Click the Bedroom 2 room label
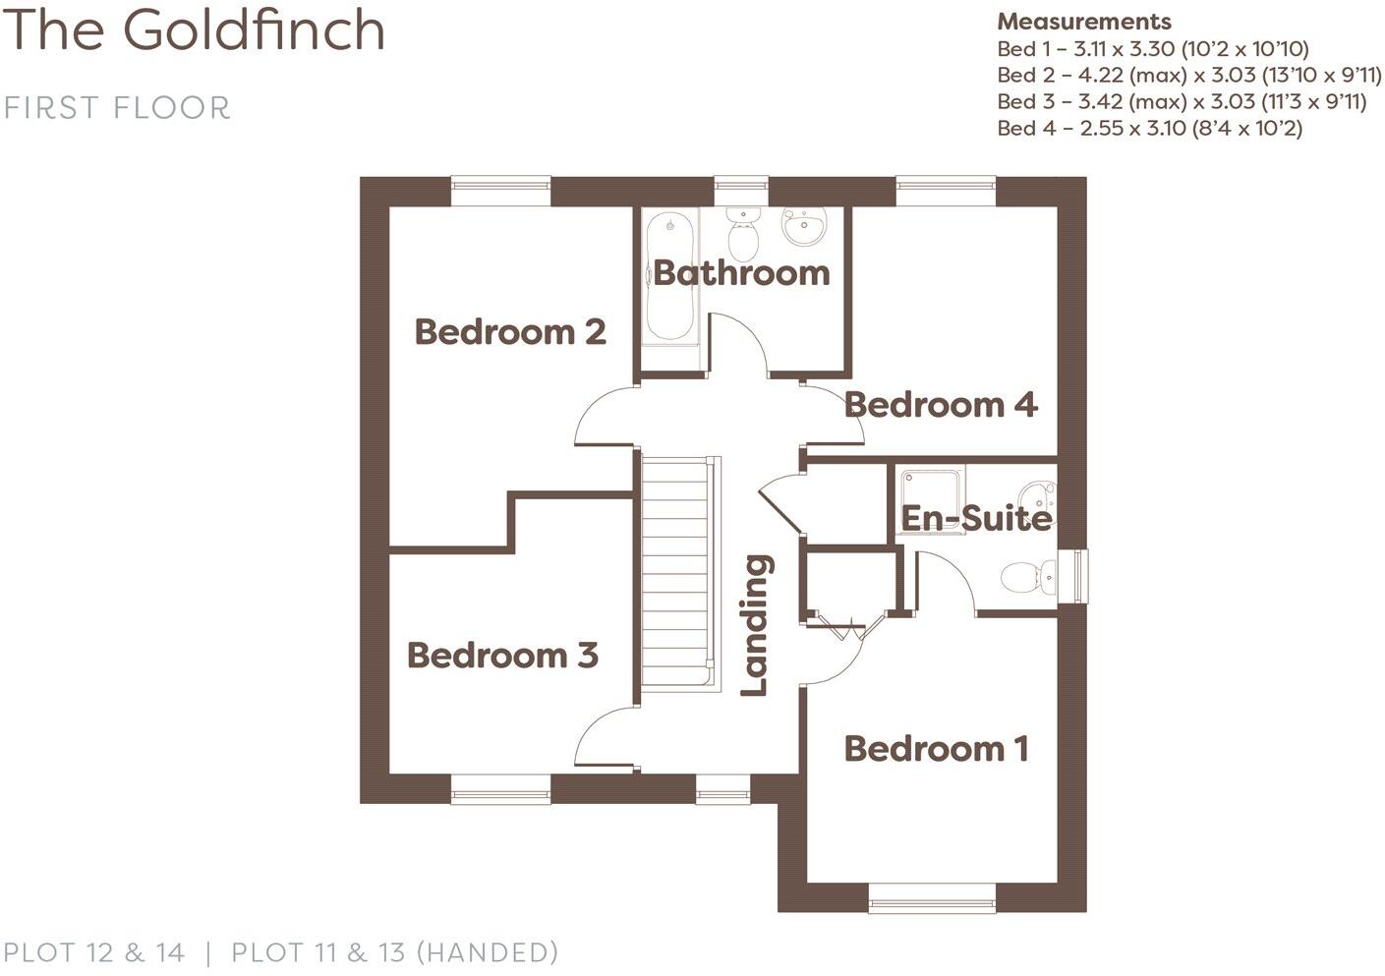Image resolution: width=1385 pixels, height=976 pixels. pyautogui.click(x=510, y=332)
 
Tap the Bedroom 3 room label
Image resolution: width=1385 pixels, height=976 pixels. pyautogui.click(x=502, y=656)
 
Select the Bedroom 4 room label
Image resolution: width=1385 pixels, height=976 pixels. pyautogui.click(x=941, y=405)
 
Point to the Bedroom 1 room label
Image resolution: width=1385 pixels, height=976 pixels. pyautogui.click(x=936, y=749)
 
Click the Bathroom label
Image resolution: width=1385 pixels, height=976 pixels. pyautogui.click(x=741, y=273)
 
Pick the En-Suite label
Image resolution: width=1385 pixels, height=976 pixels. pyautogui.click(x=976, y=518)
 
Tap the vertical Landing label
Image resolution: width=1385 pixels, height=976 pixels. pyautogui.click(x=755, y=625)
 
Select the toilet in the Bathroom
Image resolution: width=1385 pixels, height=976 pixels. pyautogui.click(x=742, y=234)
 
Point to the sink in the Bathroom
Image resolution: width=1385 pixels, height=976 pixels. pyautogui.click(x=805, y=226)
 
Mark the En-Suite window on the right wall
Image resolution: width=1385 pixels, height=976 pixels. pyautogui.click(x=1079, y=575)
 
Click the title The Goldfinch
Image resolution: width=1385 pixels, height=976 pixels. pyautogui.click(x=195, y=29)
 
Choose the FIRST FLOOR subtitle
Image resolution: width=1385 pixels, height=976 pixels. pyautogui.click(x=117, y=107)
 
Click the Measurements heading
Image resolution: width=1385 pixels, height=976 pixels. pyautogui.click(x=1083, y=22)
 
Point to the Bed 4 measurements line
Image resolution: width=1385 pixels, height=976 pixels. pyautogui.click(x=1149, y=128)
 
